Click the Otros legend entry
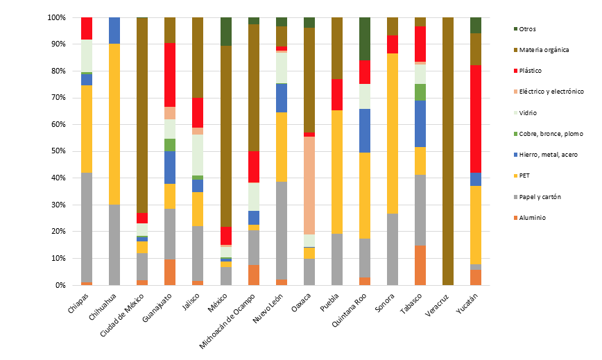click(x=527, y=28)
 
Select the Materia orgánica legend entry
click(x=544, y=49)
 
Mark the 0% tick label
click(x=61, y=285)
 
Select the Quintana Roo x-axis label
click(x=351, y=310)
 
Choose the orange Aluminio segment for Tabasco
click(x=420, y=265)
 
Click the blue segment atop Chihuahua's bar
click(x=114, y=31)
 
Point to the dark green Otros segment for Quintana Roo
click(x=365, y=39)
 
